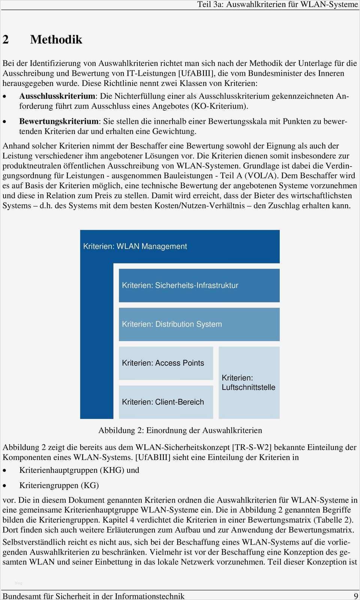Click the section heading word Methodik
[x=56, y=39]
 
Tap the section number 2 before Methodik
[x=6, y=39]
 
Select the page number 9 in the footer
[x=355, y=596]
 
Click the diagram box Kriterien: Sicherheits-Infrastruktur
[x=199, y=286]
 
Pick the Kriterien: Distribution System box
[x=199, y=324]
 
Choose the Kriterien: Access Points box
[x=166, y=363]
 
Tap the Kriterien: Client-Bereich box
[x=166, y=402]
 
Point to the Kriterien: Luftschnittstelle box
[x=249, y=383]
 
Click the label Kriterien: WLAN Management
[x=135, y=247]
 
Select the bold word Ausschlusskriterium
[x=57, y=96]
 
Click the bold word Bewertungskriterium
[x=58, y=121]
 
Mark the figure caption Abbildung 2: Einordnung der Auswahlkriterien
[x=180, y=430]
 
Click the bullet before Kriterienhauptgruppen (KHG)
[x=4, y=471]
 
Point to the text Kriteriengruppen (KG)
[x=59, y=485]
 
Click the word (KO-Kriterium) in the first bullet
[x=220, y=106]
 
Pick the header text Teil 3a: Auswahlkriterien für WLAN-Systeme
[x=277, y=5]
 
